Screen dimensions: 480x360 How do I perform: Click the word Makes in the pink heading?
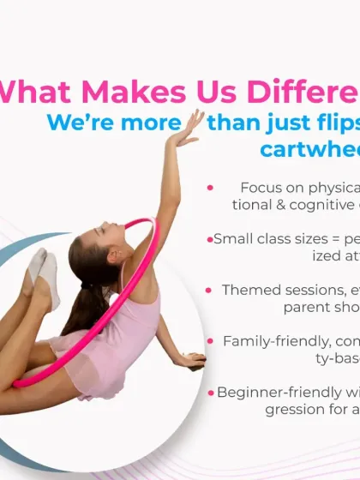(150, 92)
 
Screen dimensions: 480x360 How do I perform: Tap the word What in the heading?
(44, 92)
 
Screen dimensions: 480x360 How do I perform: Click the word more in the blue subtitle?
(150, 122)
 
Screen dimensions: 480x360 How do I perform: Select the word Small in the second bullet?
(234, 239)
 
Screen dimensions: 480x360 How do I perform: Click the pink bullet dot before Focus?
(210, 188)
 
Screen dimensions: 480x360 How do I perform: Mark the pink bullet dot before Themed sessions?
(210, 291)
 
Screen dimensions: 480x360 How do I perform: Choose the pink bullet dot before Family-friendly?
(210, 341)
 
